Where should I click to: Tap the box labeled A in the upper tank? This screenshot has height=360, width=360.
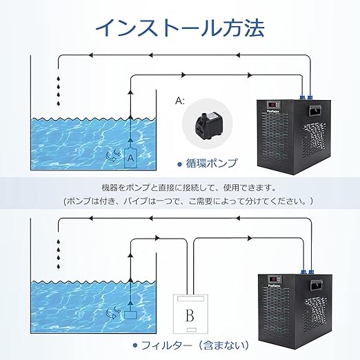coord(131,158)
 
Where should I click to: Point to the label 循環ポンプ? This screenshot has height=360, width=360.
coord(212,163)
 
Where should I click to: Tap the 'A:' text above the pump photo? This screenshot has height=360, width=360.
coord(180,101)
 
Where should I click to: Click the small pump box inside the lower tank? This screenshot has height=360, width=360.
coord(131,315)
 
